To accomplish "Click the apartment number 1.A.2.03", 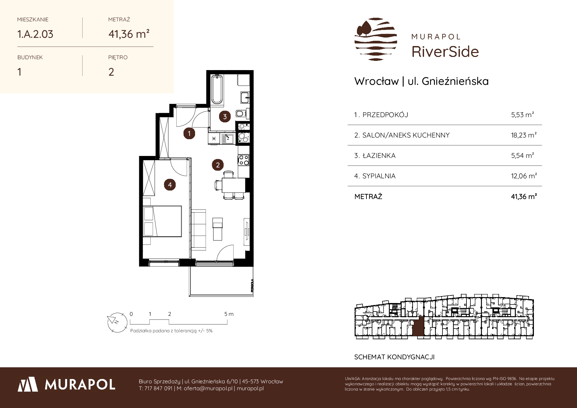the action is (35, 34).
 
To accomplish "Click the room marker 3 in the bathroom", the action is (225, 116).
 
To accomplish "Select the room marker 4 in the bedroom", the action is (170, 185).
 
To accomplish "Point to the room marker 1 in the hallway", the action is (189, 134).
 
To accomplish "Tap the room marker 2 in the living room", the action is (218, 165).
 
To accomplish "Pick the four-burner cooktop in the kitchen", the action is (244, 160).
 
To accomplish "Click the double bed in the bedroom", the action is (163, 221).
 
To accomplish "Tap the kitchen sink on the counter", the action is (227, 139).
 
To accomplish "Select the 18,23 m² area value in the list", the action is (524, 135).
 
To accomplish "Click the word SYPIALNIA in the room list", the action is (379, 176).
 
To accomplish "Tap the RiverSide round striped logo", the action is (376, 39).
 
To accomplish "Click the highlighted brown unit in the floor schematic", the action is (418, 327).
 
